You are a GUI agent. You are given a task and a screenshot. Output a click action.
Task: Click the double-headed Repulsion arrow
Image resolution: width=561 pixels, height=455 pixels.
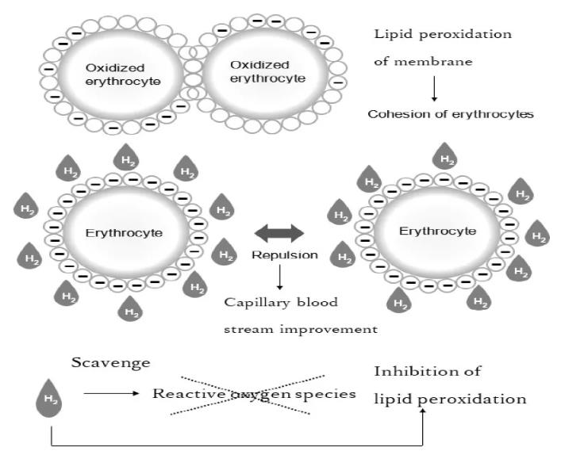[x=279, y=233]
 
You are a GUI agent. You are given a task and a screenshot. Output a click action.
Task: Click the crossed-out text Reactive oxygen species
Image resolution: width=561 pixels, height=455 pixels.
[x=254, y=394]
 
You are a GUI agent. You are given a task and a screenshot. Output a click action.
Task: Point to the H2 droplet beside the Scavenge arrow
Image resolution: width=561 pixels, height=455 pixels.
[x=50, y=396]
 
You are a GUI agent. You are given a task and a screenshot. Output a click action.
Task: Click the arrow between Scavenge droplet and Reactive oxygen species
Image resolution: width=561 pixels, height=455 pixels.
[x=110, y=392]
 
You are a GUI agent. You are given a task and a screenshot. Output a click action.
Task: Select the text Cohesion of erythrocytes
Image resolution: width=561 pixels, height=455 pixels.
[x=450, y=113]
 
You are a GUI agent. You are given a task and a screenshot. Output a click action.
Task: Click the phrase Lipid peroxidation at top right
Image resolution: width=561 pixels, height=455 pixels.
[x=443, y=34]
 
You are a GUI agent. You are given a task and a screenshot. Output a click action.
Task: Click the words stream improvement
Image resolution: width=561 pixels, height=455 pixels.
[x=298, y=326]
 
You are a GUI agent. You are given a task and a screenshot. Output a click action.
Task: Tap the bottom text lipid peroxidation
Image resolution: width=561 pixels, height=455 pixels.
[x=450, y=398]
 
